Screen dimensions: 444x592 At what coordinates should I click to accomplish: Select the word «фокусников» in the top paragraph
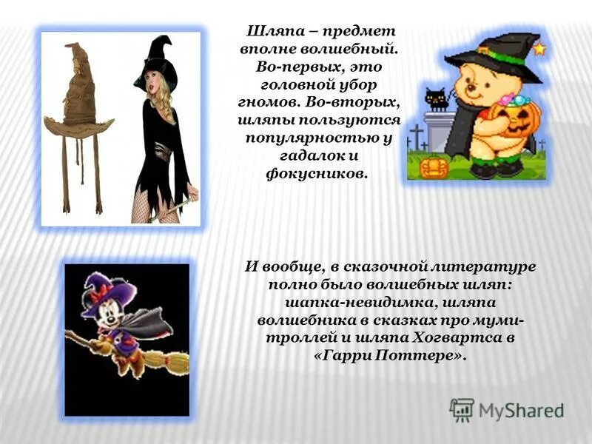(x=315, y=173)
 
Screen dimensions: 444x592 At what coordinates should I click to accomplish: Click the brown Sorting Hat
(x=78, y=96)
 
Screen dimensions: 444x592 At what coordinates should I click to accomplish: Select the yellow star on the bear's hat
(x=539, y=49)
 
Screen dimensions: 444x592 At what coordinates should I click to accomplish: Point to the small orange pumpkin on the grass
(x=433, y=166)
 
